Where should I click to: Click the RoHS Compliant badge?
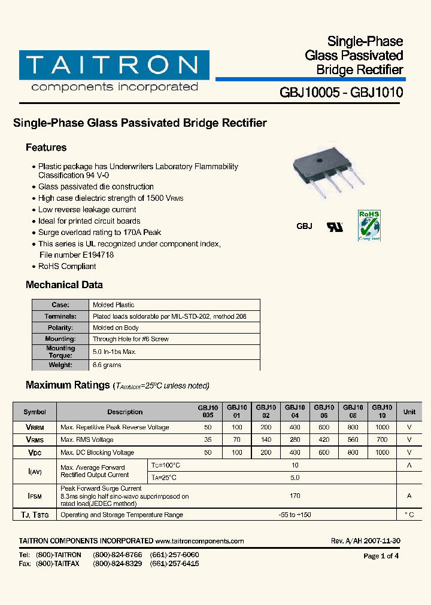pyautogui.click(x=369, y=225)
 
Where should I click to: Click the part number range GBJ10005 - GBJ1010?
pyautogui.click(x=341, y=93)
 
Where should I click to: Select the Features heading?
pyautogui.click(x=46, y=148)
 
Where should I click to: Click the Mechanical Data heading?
pyautogui.click(x=64, y=285)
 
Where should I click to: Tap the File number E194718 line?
pyautogui.click(x=76, y=255)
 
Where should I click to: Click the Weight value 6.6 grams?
pyautogui.click(x=107, y=365)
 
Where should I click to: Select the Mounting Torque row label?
pyautogui.click(x=60, y=352)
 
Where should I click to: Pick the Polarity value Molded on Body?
pyautogui.click(x=116, y=328)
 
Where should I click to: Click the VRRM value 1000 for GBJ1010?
pyautogui.click(x=382, y=427)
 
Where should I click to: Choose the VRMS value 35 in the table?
pyautogui.click(x=208, y=440)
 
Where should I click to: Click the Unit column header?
pyautogui.click(x=409, y=412)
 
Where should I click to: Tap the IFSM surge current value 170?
pyautogui.click(x=295, y=496)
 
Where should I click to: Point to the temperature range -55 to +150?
pyautogui.click(x=295, y=515)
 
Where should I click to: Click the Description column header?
pyautogui.click(x=125, y=412)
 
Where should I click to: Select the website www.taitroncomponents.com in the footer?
pyautogui.click(x=199, y=541)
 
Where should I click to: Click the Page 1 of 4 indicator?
pyautogui.click(x=381, y=556)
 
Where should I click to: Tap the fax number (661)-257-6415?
pyautogui.click(x=174, y=564)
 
